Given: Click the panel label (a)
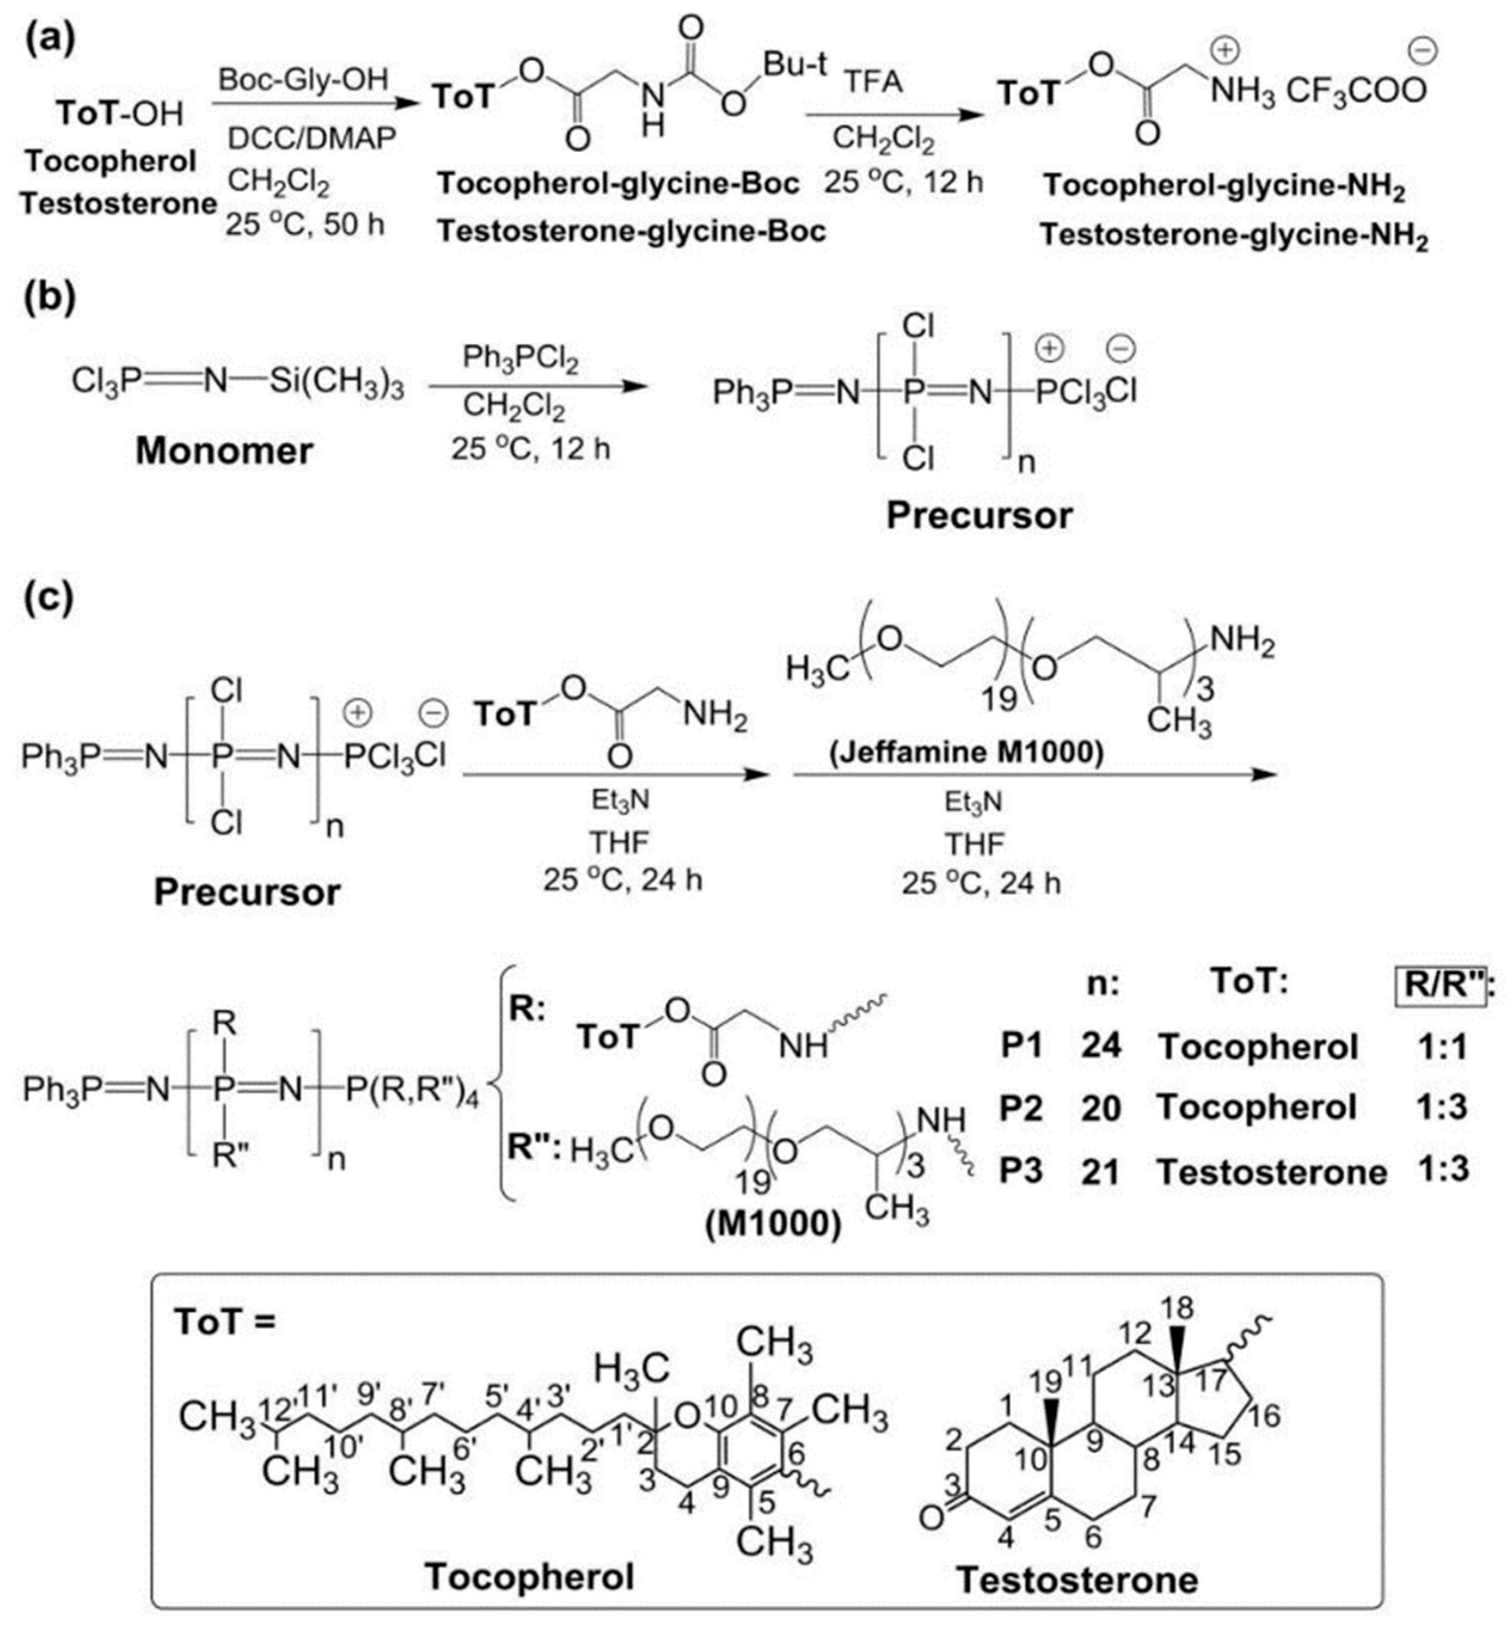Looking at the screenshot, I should [x=49, y=39].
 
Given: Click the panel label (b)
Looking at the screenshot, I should [x=49, y=298].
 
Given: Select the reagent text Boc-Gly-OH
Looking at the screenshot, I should [x=303, y=80].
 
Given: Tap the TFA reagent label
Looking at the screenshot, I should [x=873, y=82].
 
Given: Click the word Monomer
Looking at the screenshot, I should [x=224, y=450].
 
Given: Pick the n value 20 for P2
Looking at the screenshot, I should [x=1101, y=1108].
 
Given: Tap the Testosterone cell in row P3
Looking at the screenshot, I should [x=1272, y=1172].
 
